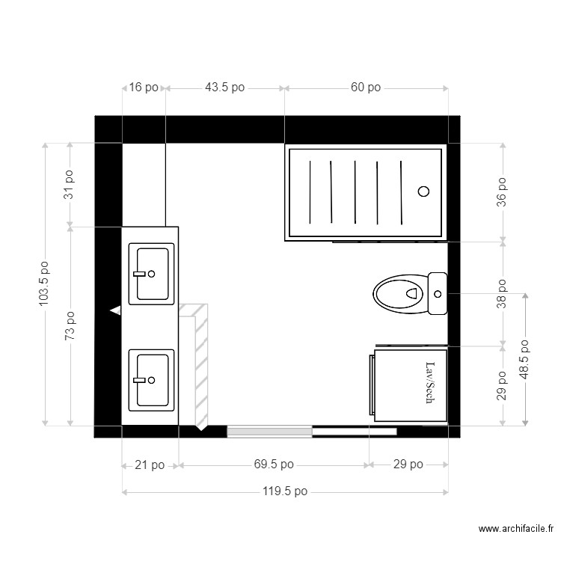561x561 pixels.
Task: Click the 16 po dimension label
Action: [144, 88]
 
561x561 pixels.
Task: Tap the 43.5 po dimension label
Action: [224, 88]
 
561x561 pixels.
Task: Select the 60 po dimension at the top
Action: [366, 88]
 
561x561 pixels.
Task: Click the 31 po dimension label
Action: [69, 184]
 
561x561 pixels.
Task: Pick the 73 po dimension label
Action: [69, 326]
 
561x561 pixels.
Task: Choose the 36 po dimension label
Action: [502, 191]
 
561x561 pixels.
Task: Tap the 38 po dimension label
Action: [502, 294]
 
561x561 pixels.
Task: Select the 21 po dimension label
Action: [150, 465]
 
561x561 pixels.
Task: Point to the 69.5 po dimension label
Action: [274, 465]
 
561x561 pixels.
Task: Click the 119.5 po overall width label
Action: [284, 491]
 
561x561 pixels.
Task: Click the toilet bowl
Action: [399, 293]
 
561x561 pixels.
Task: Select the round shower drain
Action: [423, 191]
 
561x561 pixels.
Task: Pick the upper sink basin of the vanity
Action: [152, 273]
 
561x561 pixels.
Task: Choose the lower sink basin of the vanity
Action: [152, 379]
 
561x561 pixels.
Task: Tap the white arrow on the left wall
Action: [115, 309]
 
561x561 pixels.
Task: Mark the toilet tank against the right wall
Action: [438, 293]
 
